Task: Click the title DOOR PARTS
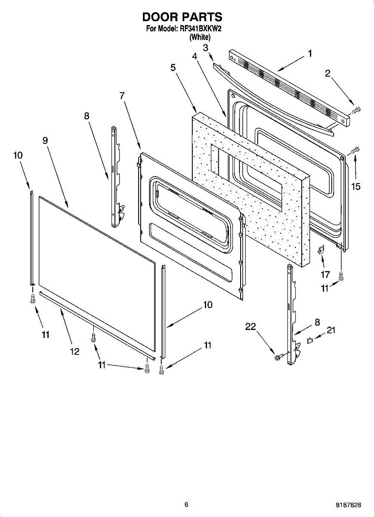point(182,17)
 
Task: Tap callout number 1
point(310,54)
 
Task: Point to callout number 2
point(328,74)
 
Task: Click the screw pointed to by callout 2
point(355,110)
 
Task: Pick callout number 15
point(355,186)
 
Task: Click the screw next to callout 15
point(355,150)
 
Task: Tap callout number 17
point(325,274)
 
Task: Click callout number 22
point(251,327)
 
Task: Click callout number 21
point(331,330)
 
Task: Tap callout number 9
point(45,140)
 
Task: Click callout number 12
point(75,352)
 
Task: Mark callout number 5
point(173,67)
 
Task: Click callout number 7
point(122,96)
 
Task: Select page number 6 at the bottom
point(186,505)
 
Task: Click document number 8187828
point(349,505)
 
